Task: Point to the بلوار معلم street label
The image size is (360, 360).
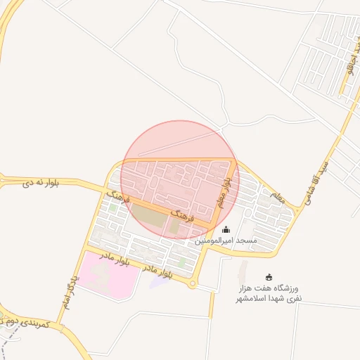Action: tap(221, 193)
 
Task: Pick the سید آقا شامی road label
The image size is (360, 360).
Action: tap(319, 181)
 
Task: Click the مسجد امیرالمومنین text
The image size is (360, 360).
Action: tap(226, 240)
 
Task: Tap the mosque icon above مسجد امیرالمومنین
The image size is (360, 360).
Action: tap(226, 229)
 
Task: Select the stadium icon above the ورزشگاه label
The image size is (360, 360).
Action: tap(269, 277)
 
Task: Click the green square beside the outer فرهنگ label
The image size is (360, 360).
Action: tap(113, 208)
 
